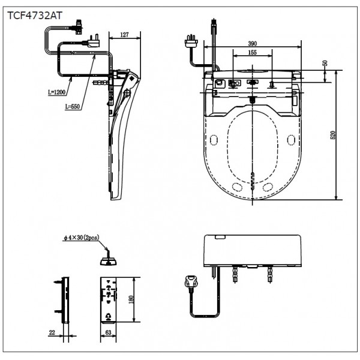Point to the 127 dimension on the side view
124,35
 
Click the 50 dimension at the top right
325,63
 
